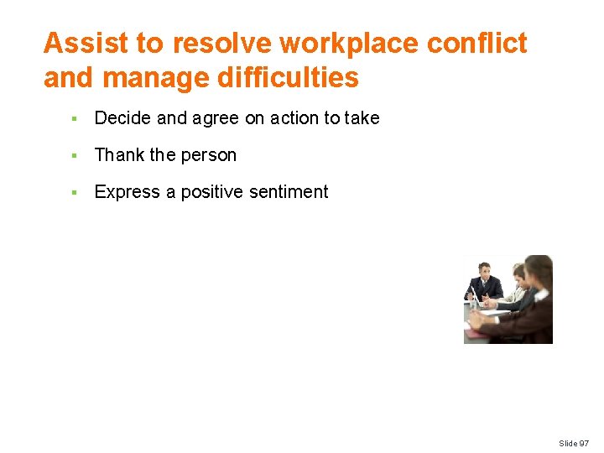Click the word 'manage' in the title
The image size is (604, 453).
[146, 78]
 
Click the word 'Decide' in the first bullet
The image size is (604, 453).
[122, 118]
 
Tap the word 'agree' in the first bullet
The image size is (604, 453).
[216, 119]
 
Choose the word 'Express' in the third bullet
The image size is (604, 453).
[128, 192]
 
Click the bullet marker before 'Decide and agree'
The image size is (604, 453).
[75, 119]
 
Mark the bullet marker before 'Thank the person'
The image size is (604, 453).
[75, 156]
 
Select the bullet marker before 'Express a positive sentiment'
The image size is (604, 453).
[75, 193]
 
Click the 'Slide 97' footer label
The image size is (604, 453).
[574, 443]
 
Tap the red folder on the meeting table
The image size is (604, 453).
[475, 333]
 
